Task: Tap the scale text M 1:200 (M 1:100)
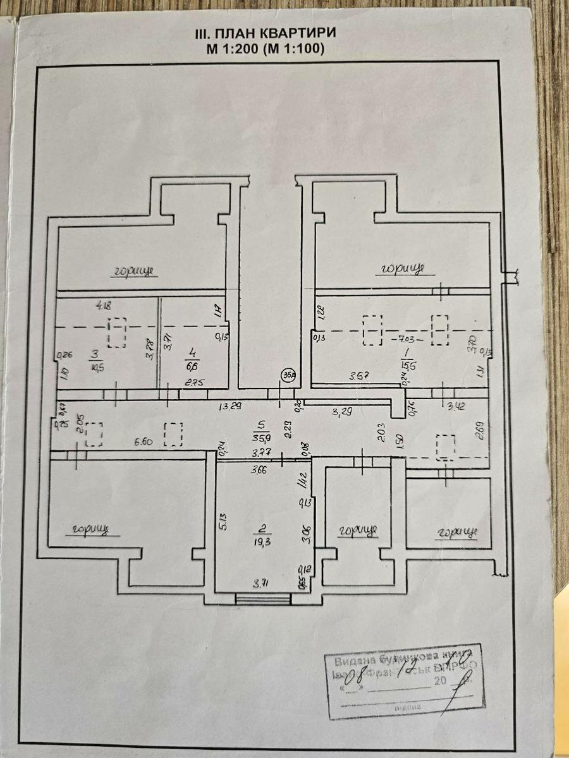[x=265, y=49]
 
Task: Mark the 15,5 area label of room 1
[x=405, y=364]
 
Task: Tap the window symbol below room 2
[x=258, y=599]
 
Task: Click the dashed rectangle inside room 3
[x=117, y=333]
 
